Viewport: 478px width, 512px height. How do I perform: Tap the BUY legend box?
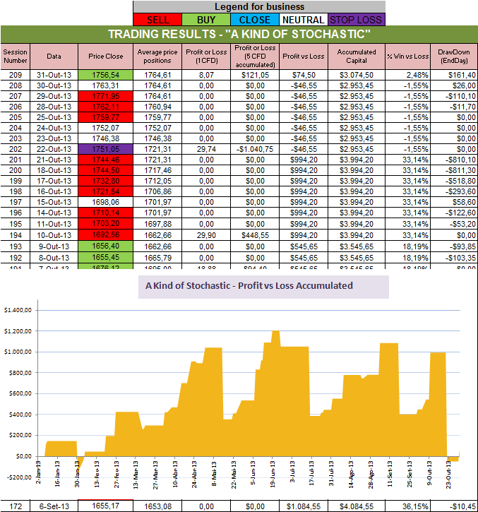[205, 20]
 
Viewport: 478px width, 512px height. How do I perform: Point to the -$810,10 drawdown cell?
[453, 160]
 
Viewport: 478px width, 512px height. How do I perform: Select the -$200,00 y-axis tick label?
[20, 477]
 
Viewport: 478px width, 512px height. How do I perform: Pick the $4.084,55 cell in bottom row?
[357, 506]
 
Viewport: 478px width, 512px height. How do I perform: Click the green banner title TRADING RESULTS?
[239, 35]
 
